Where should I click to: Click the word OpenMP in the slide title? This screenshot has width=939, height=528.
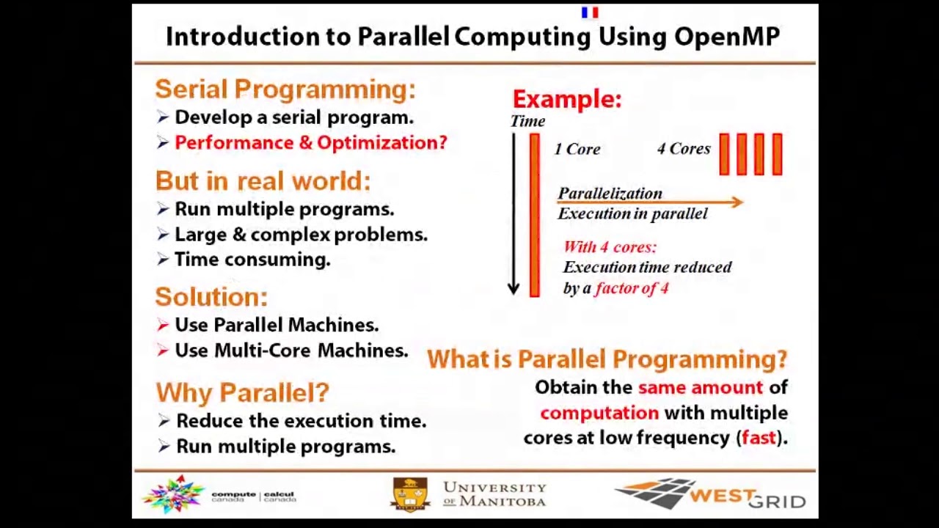pyautogui.click(x=726, y=37)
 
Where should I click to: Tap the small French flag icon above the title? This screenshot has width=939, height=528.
pyautogui.click(x=590, y=12)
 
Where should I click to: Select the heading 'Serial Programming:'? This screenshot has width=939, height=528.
pyautogui.click(x=285, y=89)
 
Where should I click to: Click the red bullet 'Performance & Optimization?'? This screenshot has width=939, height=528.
pyautogui.click(x=310, y=143)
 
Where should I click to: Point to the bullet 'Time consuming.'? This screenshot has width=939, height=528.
pyautogui.click(x=252, y=260)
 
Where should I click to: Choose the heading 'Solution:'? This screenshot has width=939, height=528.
pyautogui.click(x=211, y=297)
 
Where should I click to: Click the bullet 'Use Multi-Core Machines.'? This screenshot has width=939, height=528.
pyautogui.click(x=291, y=351)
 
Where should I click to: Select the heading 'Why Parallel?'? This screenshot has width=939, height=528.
pyautogui.click(x=242, y=392)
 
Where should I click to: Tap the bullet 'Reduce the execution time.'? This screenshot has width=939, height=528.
pyautogui.click(x=301, y=421)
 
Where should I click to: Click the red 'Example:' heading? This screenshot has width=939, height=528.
pyautogui.click(x=566, y=99)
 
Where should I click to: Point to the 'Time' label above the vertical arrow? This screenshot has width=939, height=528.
pyautogui.click(x=527, y=122)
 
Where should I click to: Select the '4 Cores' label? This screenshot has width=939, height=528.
pyautogui.click(x=684, y=149)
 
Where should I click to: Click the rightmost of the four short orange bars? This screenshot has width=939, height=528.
pyautogui.click(x=777, y=154)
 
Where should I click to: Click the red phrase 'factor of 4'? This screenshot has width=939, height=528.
pyautogui.click(x=632, y=288)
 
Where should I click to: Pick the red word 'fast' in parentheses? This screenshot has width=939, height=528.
pyautogui.click(x=759, y=438)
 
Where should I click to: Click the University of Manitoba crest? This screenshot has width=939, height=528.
pyautogui.click(x=410, y=494)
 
